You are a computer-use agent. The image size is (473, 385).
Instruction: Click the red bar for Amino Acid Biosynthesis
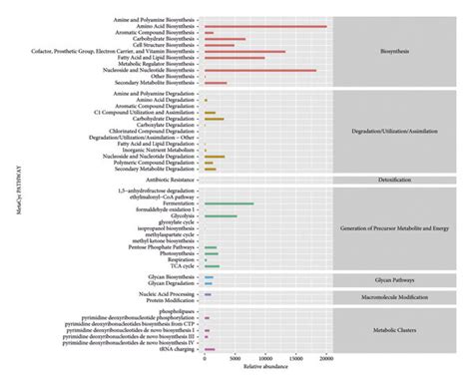(264, 26)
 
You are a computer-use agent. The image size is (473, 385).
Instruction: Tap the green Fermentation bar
(229, 203)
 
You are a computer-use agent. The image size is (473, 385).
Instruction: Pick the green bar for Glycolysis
(221, 216)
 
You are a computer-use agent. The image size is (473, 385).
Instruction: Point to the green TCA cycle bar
(212, 266)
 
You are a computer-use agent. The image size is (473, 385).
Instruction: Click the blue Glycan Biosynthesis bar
(209, 277)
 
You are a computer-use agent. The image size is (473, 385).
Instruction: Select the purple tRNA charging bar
(210, 350)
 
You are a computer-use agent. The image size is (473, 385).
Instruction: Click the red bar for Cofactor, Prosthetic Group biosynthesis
(244, 51)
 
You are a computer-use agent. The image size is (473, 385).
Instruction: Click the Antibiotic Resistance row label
(161, 180)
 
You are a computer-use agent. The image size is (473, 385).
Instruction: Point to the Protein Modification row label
(167, 301)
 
